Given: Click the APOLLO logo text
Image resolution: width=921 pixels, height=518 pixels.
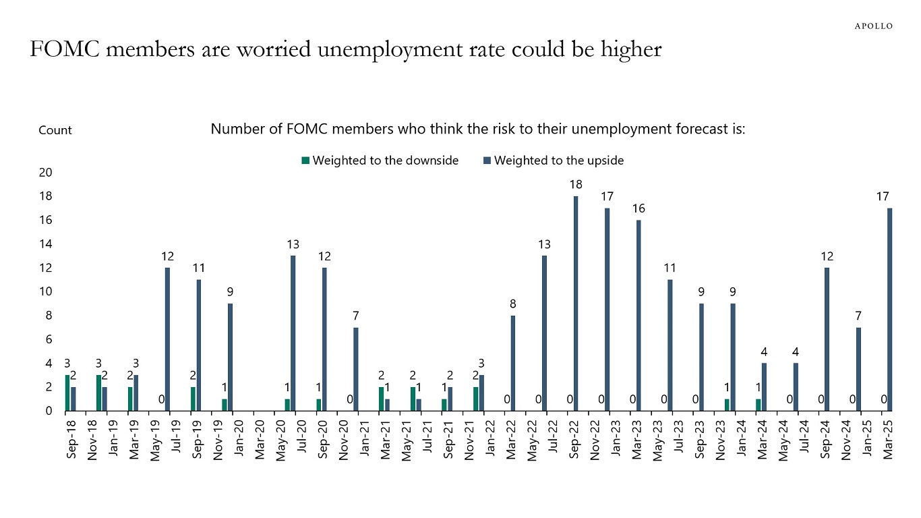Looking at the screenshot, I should coord(873,26).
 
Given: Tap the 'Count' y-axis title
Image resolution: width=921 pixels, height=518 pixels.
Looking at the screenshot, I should coord(55,130).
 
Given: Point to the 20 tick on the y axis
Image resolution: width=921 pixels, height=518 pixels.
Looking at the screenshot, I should coord(46,173).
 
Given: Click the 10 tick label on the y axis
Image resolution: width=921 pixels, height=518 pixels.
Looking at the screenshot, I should coord(46,292).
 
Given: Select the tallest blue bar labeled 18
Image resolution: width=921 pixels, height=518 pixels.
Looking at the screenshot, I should coord(576,304).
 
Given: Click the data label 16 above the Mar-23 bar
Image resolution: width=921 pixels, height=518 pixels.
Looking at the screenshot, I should coord(638,208).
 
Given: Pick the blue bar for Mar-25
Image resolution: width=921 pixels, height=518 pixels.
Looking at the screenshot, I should coord(890,310).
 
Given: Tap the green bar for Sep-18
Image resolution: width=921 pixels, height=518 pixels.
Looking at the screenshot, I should coord(67,393).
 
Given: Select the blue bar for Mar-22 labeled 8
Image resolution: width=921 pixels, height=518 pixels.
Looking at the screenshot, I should coord(513,363).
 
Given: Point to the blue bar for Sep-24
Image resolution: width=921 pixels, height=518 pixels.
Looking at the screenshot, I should coord(827,339).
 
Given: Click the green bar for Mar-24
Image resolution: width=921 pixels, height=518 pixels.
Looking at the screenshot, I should coord(759,405).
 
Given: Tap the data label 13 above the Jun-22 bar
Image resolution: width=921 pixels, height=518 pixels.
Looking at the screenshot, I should coord(544,244).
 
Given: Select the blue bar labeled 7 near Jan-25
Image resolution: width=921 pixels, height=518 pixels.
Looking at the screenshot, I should coord(859,369).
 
